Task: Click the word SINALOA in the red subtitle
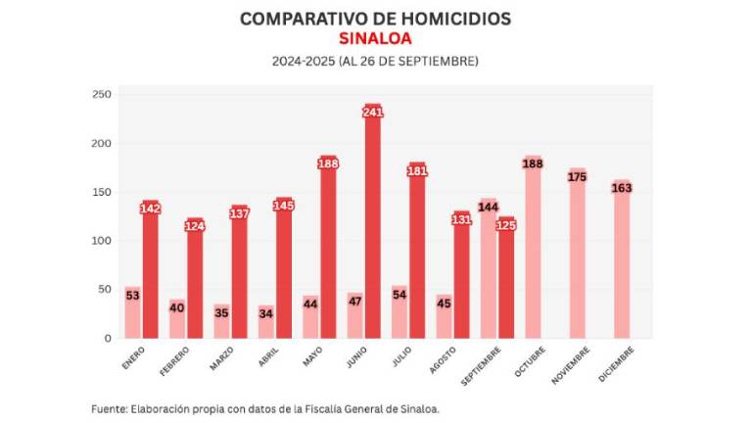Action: [x=375, y=39]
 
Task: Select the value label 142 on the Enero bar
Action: [x=150, y=209]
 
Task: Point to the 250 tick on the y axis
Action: [x=102, y=94]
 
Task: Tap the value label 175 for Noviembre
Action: [x=578, y=177]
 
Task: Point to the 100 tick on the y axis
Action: [x=102, y=241]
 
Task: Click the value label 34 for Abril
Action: [x=266, y=313]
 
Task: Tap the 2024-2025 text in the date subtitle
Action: [x=304, y=61]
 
